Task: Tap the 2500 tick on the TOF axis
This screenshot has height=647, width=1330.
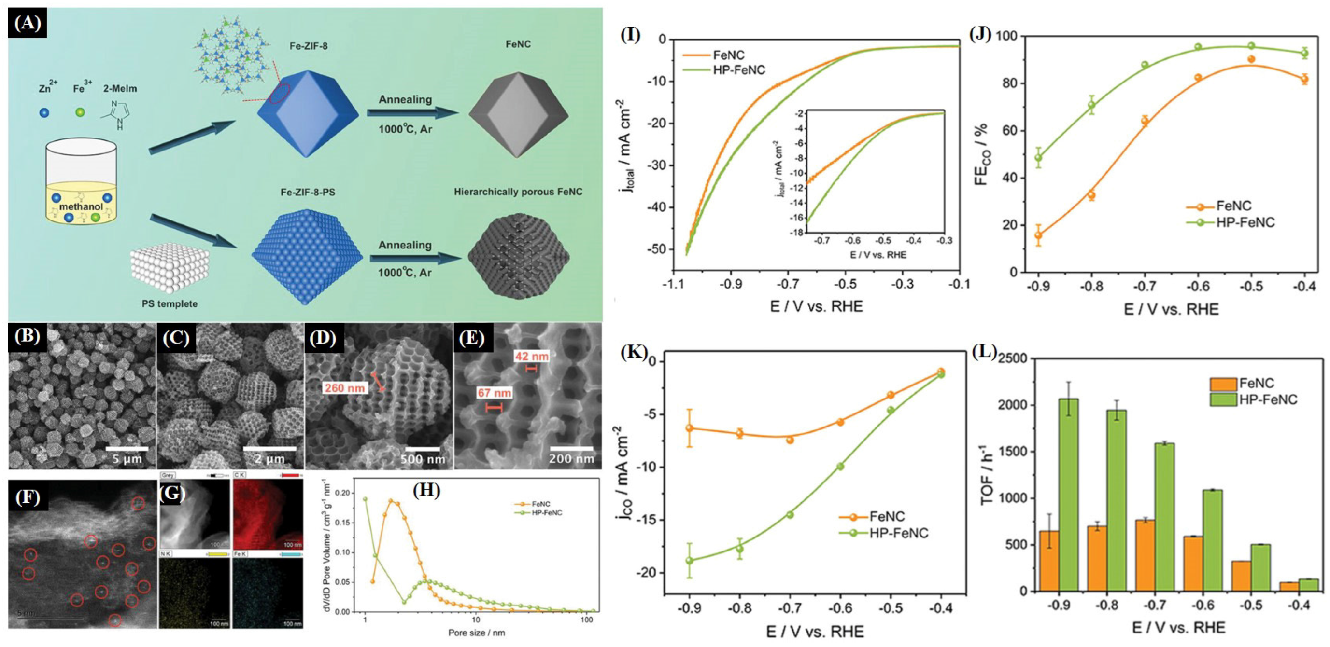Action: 1010,358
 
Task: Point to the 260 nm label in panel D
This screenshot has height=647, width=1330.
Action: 345,387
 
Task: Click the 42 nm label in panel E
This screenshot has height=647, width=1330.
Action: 531,356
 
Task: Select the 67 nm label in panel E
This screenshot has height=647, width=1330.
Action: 494,393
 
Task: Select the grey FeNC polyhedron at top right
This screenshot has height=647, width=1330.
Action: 518,114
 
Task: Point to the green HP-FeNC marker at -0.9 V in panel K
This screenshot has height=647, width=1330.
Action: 689,560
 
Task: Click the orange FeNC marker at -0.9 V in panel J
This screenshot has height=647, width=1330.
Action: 1039,235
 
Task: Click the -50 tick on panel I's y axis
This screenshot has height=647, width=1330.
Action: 655,250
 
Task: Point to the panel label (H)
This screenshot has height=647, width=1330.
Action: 426,490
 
